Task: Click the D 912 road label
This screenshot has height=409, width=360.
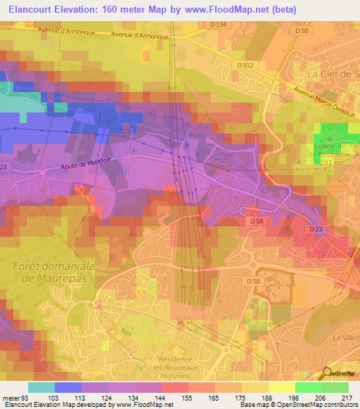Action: point(245,65)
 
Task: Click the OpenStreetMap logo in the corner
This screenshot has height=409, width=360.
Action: point(341,374)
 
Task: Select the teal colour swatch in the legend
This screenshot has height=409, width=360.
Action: point(41,387)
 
